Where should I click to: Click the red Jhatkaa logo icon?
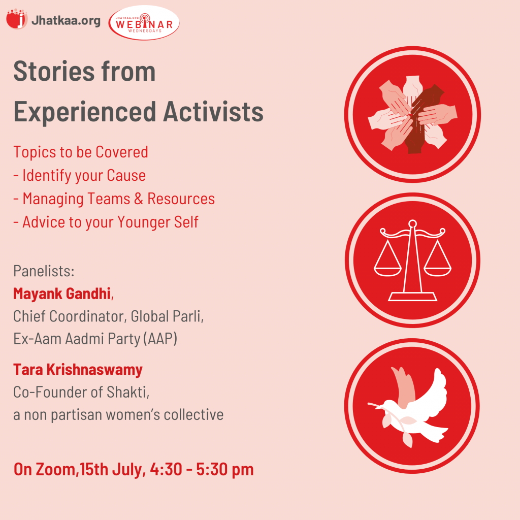click(17, 19)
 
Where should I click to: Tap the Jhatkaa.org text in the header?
click(66, 20)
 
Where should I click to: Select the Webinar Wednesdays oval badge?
click(144, 22)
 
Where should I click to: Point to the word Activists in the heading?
click(213, 111)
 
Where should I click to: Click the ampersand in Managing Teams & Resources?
click(139, 199)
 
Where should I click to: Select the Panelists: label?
click(44, 271)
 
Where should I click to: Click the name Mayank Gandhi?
click(61, 294)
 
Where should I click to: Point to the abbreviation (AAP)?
click(160, 339)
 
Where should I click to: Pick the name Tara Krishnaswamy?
click(78, 370)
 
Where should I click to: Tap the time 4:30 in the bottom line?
click(166, 469)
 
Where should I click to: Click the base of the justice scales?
click(412, 297)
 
